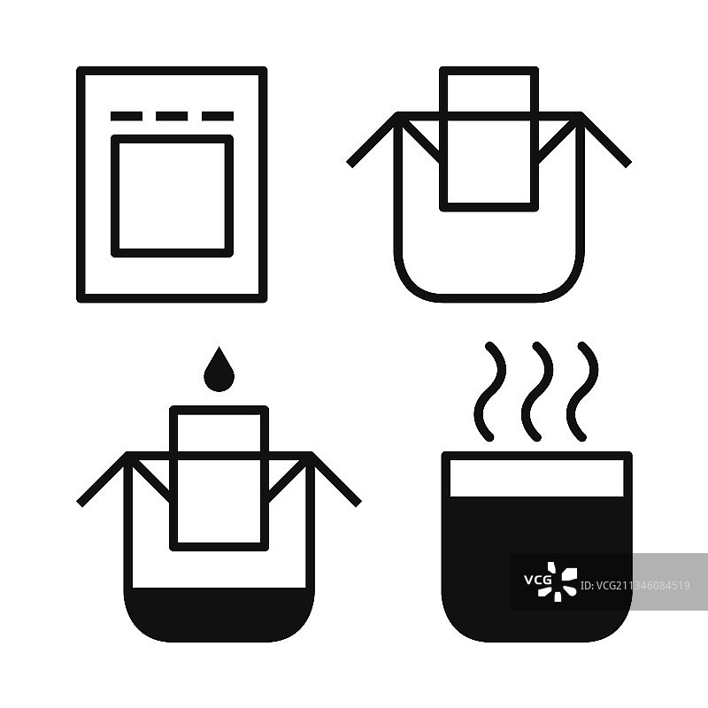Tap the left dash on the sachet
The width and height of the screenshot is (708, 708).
pyautogui.click(x=127, y=116)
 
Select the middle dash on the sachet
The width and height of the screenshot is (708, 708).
pyautogui.click(x=172, y=116)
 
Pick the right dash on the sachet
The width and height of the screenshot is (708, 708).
pyautogui.click(x=217, y=116)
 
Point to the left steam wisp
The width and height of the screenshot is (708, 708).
pyautogui.click(x=489, y=391)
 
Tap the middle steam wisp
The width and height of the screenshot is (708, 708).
pyautogui.click(x=536, y=391)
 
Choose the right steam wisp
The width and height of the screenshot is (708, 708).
pyautogui.click(x=582, y=391)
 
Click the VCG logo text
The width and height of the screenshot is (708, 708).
pyautogui.click(x=537, y=580)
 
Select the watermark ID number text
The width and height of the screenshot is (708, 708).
pyautogui.click(x=635, y=586)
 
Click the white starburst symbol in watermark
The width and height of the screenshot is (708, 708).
pyautogui.click(x=558, y=581)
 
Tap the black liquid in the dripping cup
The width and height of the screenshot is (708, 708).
pyautogui.click(x=219, y=614)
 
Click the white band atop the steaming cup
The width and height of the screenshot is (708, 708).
pyautogui.click(x=537, y=478)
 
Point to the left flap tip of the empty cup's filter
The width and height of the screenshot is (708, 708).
pyautogui.click(x=350, y=165)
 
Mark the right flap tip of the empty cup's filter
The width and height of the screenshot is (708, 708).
pyautogui.click(x=627, y=165)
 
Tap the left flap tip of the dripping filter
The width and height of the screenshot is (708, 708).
pyautogui.click(x=81, y=504)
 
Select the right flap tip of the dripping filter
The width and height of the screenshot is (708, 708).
pyautogui.click(x=358, y=504)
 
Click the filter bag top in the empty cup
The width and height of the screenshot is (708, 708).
pyautogui.click(x=489, y=71)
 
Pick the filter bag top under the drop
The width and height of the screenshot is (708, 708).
pyautogui.click(x=219, y=410)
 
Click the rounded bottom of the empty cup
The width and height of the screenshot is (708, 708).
pyautogui.click(x=489, y=298)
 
